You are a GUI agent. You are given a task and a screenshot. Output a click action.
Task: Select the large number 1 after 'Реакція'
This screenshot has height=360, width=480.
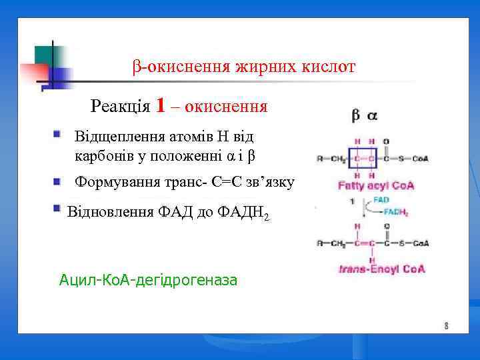pyautogui.click(x=160, y=105)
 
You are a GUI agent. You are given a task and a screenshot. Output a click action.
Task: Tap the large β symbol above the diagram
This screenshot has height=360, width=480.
pyautogui.click(x=356, y=115)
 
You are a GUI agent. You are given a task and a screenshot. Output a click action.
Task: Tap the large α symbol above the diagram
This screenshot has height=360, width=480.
pyautogui.click(x=371, y=115)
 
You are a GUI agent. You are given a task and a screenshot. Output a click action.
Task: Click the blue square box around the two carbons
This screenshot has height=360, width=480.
pyautogui.click(x=364, y=159)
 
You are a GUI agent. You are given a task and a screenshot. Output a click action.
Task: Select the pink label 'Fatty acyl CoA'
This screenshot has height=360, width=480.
pyautogui.click(x=376, y=185)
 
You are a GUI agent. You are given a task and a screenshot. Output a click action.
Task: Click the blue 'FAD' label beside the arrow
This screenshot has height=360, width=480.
pyautogui.click(x=381, y=199)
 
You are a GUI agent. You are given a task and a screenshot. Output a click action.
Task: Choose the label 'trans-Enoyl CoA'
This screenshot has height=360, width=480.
pyautogui.click(x=382, y=270)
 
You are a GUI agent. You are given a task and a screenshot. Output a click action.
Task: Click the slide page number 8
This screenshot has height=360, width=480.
pyautogui.click(x=446, y=326)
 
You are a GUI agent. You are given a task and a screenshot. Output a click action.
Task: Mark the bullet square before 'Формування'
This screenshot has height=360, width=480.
pyautogui.click(x=58, y=181)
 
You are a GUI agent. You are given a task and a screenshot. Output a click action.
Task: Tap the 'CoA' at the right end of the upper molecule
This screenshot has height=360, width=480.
pyautogui.click(x=419, y=159)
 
